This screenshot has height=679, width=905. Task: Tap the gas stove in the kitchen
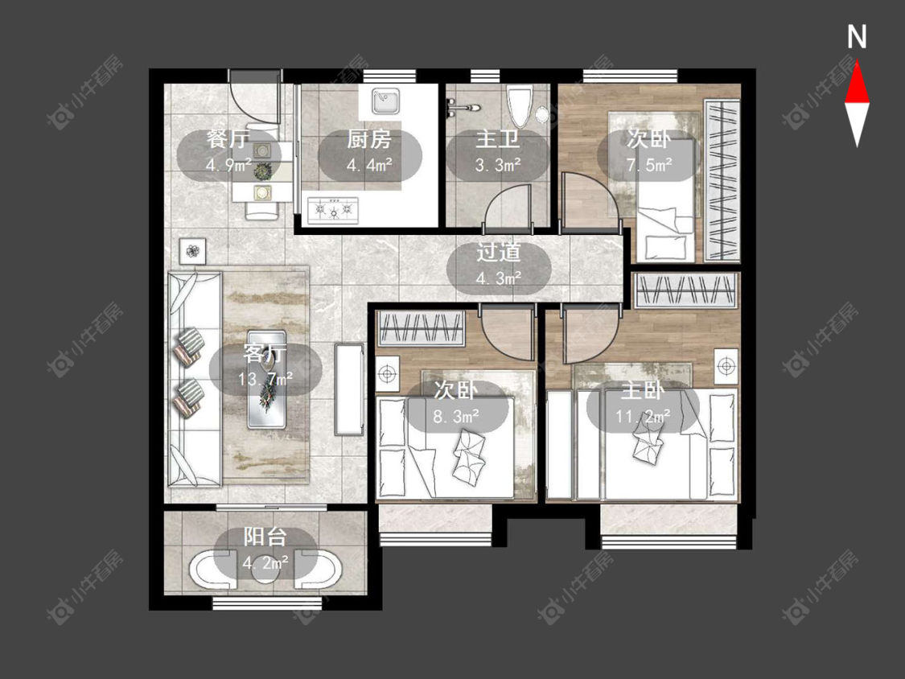click(x=333, y=210)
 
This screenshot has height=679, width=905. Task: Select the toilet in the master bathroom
click(x=519, y=106)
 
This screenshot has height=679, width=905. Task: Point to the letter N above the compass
click(x=857, y=37)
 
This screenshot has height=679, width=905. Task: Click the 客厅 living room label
click(x=265, y=353)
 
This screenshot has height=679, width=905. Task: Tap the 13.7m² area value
click(x=265, y=379)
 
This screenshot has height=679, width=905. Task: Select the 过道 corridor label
click(x=499, y=253)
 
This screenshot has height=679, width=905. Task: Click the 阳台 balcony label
click(x=265, y=537)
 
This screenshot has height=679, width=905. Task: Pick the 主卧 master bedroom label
click(x=643, y=391)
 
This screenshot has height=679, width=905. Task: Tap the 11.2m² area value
click(x=643, y=416)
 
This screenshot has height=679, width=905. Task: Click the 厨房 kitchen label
click(x=369, y=139)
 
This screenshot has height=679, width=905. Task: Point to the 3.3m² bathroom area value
click(x=498, y=165)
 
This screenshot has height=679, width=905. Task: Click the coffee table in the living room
click(x=266, y=380)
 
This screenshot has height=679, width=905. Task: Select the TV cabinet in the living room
click(x=349, y=389)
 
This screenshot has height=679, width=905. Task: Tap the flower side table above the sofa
click(x=192, y=251)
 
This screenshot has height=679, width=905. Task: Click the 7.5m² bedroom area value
click(x=649, y=165)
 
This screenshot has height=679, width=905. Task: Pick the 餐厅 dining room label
click(x=228, y=139)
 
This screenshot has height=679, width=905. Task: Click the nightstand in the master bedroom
click(x=726, y=366)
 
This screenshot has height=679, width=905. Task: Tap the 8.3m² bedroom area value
click(x=456, y=416)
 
